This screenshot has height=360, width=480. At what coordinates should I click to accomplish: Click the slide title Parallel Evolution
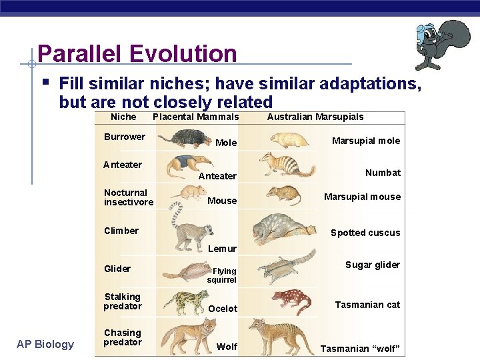[137, 53]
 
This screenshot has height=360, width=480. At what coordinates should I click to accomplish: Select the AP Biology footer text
[46, 344]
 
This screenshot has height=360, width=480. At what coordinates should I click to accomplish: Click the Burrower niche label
[124, 137]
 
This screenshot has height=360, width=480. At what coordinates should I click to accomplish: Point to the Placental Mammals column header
[195, 117]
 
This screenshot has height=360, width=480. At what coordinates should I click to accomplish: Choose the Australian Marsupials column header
[315, 117]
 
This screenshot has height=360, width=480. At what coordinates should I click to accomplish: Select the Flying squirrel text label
[223, 275]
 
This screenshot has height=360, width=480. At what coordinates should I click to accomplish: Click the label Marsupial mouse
[362, 197]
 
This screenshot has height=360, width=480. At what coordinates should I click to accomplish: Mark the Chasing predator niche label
[123, 337]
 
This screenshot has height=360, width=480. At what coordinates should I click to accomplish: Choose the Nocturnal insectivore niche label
[128, 197]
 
